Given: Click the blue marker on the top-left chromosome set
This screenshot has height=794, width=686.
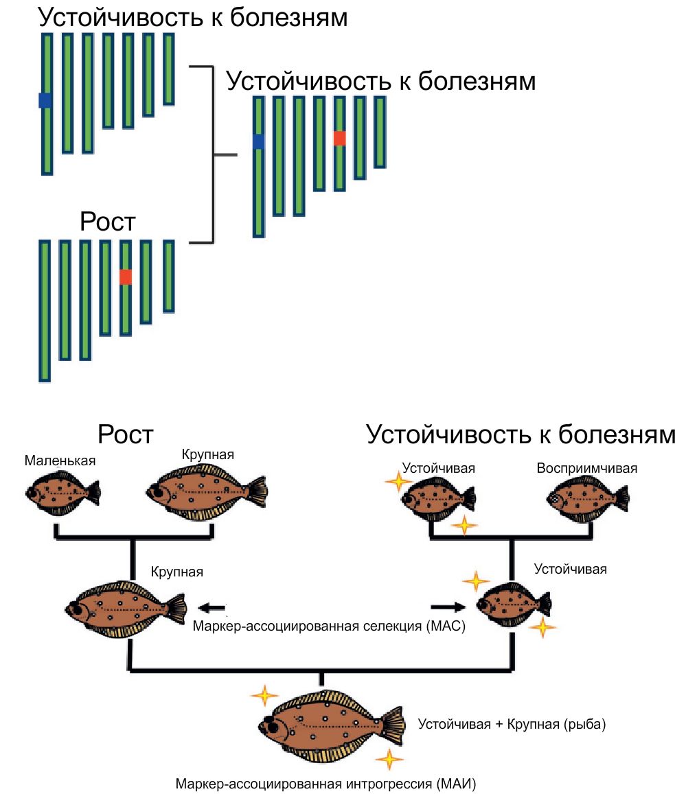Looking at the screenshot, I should click(x=45, y=100).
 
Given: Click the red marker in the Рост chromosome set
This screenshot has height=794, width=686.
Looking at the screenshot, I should click(x=125, y=277).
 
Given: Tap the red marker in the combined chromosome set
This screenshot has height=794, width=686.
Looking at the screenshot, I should click(x=339, y=138).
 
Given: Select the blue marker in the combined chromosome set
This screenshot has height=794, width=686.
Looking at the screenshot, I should click(x=258, y=141).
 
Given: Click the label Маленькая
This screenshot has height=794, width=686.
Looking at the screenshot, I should click(x=60, y=461).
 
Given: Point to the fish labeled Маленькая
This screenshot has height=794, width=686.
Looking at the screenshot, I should click(x=62, y=493).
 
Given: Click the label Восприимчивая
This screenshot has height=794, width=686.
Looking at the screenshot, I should click(x=586, y=469).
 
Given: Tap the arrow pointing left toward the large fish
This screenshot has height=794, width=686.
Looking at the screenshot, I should click(x=212, y=607).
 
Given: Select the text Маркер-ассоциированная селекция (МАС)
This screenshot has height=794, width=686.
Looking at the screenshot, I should click(x=330, y=626).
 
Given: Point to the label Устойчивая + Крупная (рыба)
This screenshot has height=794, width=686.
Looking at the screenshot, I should click(x=512, y=724).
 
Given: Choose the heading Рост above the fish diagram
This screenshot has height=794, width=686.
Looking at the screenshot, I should click(x=125, y=434).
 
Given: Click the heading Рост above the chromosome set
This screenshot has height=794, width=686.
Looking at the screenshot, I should click(x=107, y=222).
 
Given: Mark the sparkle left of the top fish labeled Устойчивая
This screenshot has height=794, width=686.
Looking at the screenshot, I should click(x=396, y=481).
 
